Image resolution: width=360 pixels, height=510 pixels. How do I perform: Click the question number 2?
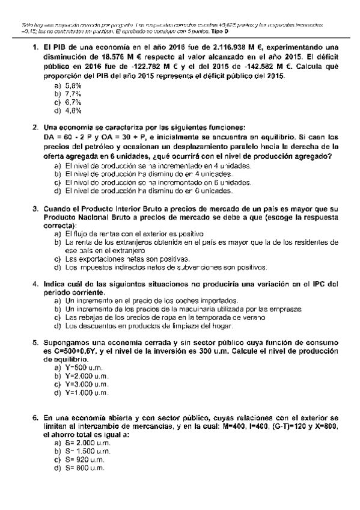tap(35, 127)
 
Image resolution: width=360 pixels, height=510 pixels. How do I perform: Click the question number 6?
tap(35, 417)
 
